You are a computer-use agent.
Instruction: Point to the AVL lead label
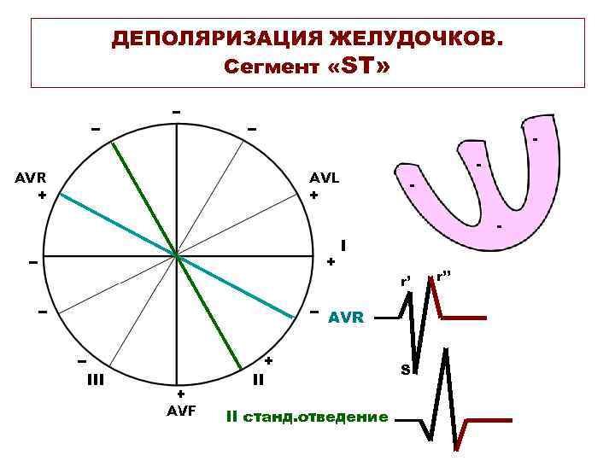[x=325, y=178]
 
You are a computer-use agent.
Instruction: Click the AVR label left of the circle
[x=31, y=178]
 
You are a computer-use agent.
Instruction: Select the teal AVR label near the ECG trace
[x=346, y=318]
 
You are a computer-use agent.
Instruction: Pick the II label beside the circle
[x=258, y=379]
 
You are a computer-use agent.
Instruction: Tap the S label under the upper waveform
[x=406, y=369]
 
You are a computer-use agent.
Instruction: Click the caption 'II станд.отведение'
[x=307, y=417]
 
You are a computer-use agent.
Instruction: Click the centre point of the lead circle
[x=176, y=255]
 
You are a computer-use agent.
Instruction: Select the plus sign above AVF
[x=180, y=394]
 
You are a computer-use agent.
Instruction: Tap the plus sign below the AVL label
[x=314, y=195]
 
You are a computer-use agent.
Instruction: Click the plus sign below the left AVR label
[x=41, y=195]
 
